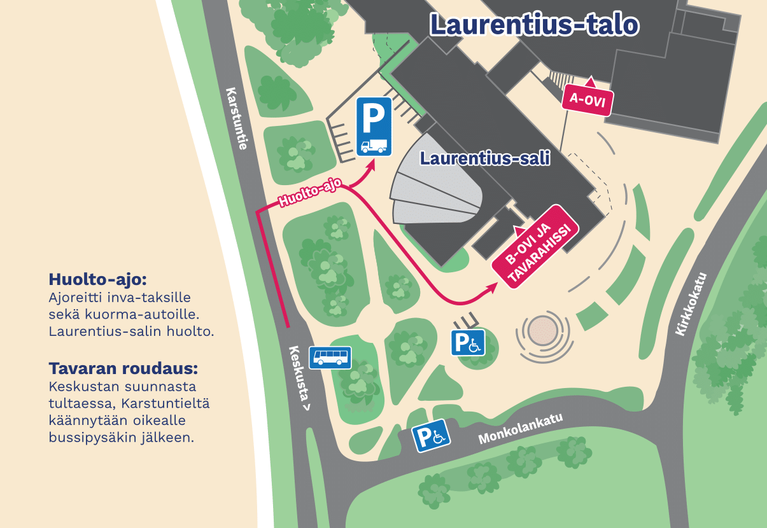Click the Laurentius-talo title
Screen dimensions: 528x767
[534, 25]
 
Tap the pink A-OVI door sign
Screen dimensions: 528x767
[587, 101]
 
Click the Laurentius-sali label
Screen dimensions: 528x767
[484, 159]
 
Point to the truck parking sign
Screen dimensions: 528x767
[373, 127]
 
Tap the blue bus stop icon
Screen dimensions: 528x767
[330, 358]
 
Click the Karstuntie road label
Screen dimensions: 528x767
[236, 118]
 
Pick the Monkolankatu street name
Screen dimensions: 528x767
[521, 427]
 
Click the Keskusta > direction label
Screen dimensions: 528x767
[302, 379]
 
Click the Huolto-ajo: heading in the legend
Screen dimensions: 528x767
[97, 279]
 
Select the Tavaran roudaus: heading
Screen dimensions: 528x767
[123, 369]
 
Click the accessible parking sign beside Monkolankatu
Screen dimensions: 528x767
[433, 437]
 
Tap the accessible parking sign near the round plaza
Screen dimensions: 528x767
[468, 344]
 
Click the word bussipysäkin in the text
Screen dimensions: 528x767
[123, 438]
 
